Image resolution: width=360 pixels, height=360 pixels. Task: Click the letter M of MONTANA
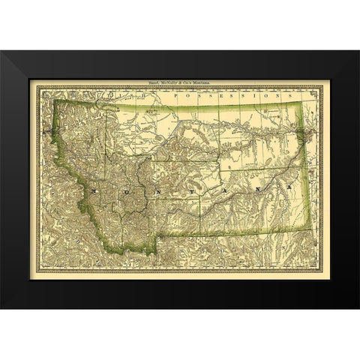tap(93, 192)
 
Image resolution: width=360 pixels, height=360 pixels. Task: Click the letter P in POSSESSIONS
tap(174, 97)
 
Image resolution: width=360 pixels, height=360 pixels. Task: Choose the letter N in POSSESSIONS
tap(276, 97)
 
